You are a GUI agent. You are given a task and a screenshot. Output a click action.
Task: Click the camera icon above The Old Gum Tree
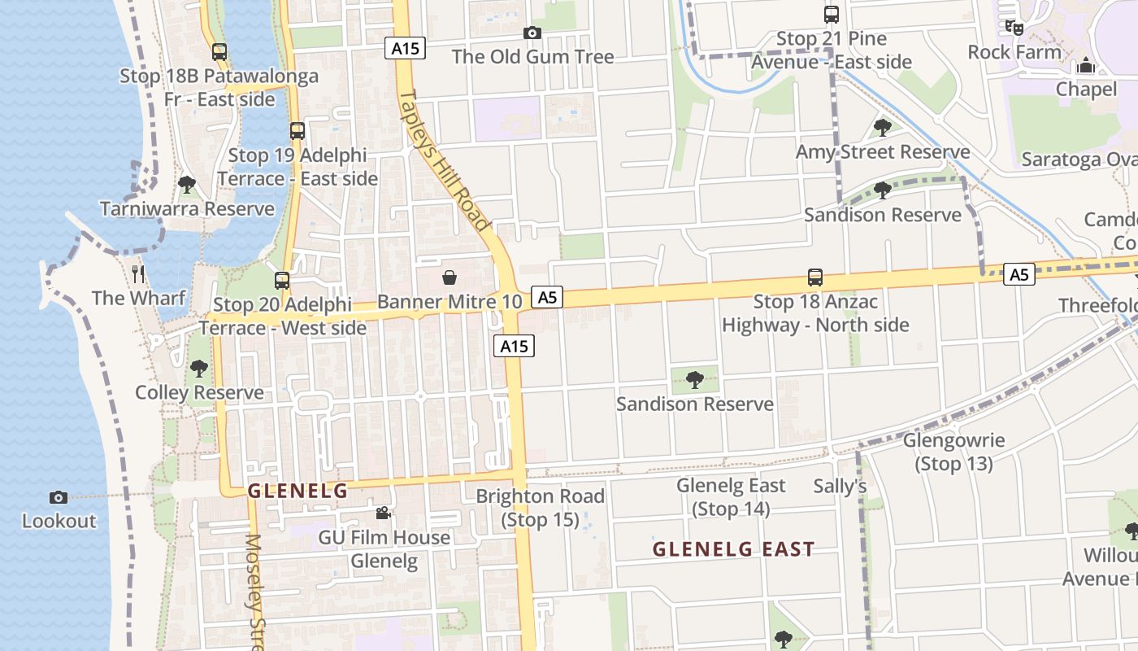point(532,33)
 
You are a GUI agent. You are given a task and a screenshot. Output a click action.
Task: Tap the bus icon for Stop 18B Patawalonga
point(219,52)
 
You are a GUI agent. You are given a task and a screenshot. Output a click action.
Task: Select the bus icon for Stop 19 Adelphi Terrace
point(298,131)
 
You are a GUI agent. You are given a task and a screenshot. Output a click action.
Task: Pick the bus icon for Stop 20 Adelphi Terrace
point(282,281)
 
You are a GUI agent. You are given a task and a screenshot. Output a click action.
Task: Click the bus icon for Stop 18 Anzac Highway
point(815,277)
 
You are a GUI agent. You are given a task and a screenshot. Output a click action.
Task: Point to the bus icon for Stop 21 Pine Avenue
point(831,15)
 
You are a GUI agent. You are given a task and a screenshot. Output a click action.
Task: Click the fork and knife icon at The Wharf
point(138,273)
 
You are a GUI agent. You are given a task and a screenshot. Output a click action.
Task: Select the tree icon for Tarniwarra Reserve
point(187,185)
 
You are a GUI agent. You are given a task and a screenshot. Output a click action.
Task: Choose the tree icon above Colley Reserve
point(199,369)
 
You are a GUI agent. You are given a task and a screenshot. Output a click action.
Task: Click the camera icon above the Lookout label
point(59,497)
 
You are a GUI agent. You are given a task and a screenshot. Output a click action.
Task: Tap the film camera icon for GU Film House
point(383,513)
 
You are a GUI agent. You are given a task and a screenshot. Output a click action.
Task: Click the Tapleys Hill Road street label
point(445,160)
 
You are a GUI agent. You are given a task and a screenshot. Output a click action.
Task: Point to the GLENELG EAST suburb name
point(733,549)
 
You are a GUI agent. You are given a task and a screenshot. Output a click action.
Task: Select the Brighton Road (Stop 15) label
point(540,508)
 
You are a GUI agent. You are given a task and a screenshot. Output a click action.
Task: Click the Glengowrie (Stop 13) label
point(953,452)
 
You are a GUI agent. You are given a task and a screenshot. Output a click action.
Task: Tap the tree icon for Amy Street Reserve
point(882,128)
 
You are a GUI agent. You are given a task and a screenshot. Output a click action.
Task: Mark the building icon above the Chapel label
point(1086,65)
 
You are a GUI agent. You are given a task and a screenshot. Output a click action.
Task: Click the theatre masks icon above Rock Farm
point(1014,28)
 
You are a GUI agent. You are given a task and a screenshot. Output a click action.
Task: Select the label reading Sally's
point(840,487)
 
